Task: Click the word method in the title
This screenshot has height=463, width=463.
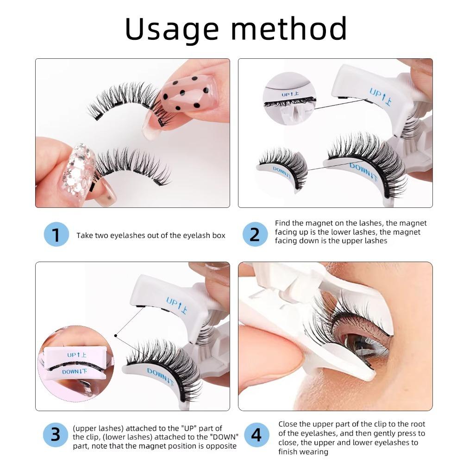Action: click(x=287, y=29)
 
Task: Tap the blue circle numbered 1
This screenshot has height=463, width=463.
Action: click(x=56, y=235)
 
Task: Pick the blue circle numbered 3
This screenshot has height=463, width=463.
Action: click(x=56, y=435)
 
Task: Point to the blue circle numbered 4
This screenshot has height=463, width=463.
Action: click(x=255, y=435)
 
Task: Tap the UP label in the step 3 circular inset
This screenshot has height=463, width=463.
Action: click(x=77, y=355)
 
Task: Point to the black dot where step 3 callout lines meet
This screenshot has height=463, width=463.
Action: click(x=115, y=335)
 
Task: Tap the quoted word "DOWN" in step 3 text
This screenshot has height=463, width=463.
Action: click(x=226, y=437)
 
